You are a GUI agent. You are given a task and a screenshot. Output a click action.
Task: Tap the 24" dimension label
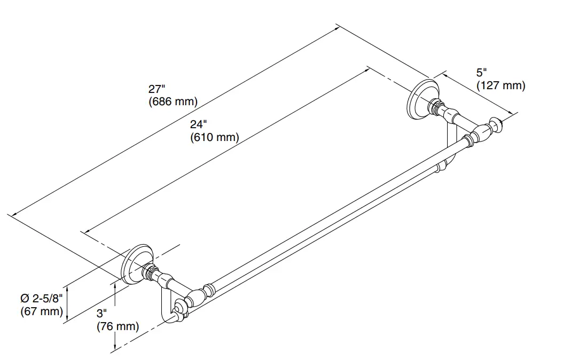197,124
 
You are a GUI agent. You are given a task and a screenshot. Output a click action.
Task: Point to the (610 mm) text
214,137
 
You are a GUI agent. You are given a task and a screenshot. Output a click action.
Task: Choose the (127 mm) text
501,85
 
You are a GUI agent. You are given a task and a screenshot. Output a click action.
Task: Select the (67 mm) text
42,311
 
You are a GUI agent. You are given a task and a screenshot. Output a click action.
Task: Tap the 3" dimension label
102,314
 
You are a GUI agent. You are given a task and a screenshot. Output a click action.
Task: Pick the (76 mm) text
118,326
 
